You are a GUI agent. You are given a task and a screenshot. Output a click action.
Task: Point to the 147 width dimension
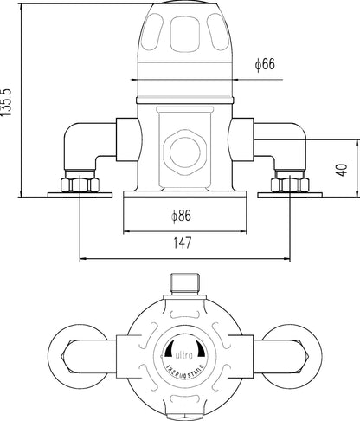click(x=180, y=245)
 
